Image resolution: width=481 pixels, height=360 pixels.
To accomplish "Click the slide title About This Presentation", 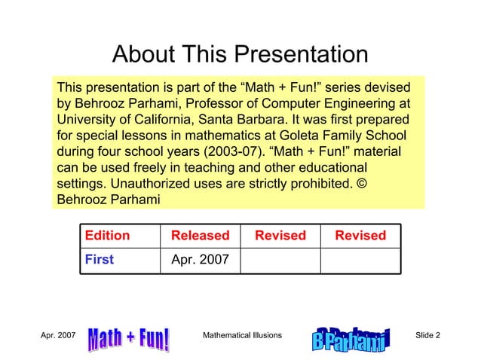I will point(240,54).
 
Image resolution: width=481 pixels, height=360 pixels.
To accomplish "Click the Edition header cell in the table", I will point(107,236).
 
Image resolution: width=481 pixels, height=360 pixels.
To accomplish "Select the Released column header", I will point(200,236).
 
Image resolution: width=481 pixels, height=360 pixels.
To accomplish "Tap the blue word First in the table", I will point(100,260).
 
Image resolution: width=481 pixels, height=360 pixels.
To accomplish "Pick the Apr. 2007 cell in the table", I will point(200,260).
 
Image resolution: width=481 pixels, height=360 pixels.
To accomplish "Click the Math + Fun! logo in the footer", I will point(130,340).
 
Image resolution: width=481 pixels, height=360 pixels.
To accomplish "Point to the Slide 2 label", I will point(428,334).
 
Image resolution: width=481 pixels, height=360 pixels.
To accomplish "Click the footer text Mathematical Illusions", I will point(243,334).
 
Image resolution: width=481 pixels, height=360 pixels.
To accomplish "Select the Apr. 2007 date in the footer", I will point(57,334).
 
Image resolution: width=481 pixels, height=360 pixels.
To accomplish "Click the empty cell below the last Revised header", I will point(360,260).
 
